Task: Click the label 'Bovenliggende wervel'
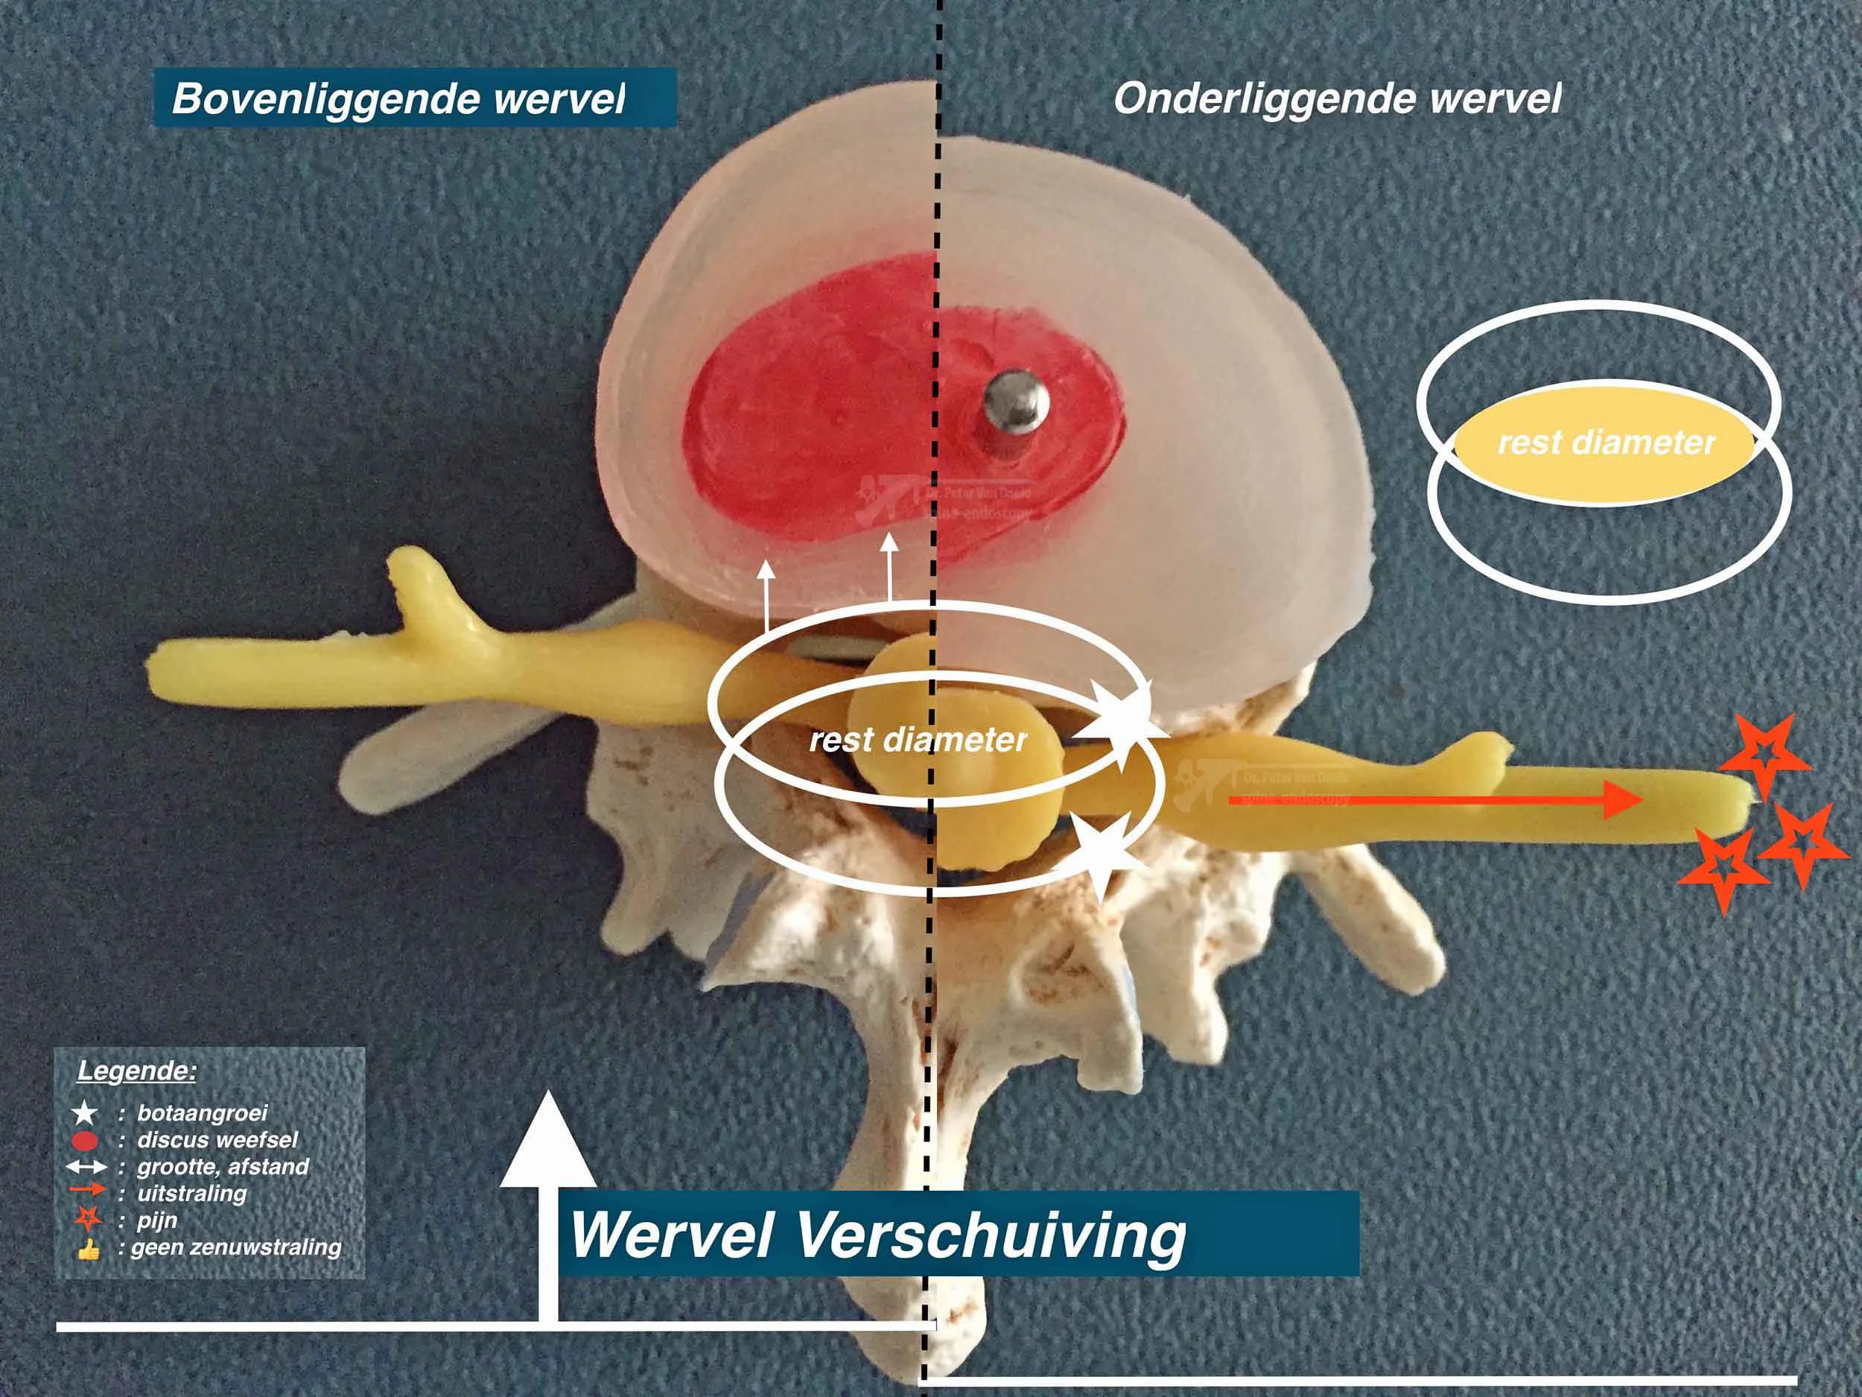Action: (399, 99)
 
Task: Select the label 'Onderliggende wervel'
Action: (1338, 99)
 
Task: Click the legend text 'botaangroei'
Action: (202, 1113)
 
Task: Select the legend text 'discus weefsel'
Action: (217, 1140)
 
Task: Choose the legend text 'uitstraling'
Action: (192, 1192)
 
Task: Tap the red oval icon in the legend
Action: (86, 1141)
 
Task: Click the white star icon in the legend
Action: (85, 1114)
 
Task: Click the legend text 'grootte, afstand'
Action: (223, 1166)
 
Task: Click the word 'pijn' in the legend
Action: (156, 1220)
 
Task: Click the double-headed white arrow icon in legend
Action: (88, 1167)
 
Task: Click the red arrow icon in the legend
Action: (88, 1192)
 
